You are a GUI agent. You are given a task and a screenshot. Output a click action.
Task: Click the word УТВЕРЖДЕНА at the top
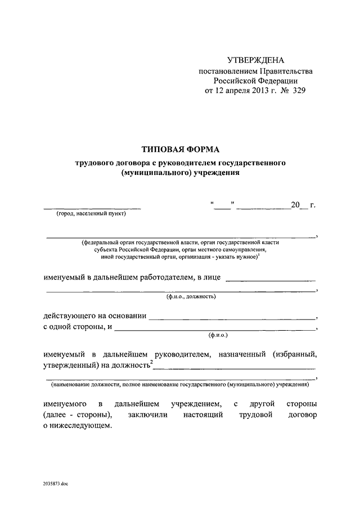tap(256, 60)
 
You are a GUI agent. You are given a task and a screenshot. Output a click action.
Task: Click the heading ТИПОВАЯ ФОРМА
tap(181, 149)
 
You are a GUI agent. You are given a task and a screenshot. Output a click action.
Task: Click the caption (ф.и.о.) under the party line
tap(218, 336)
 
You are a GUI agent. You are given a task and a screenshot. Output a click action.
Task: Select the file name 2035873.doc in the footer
tap(55, 484)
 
